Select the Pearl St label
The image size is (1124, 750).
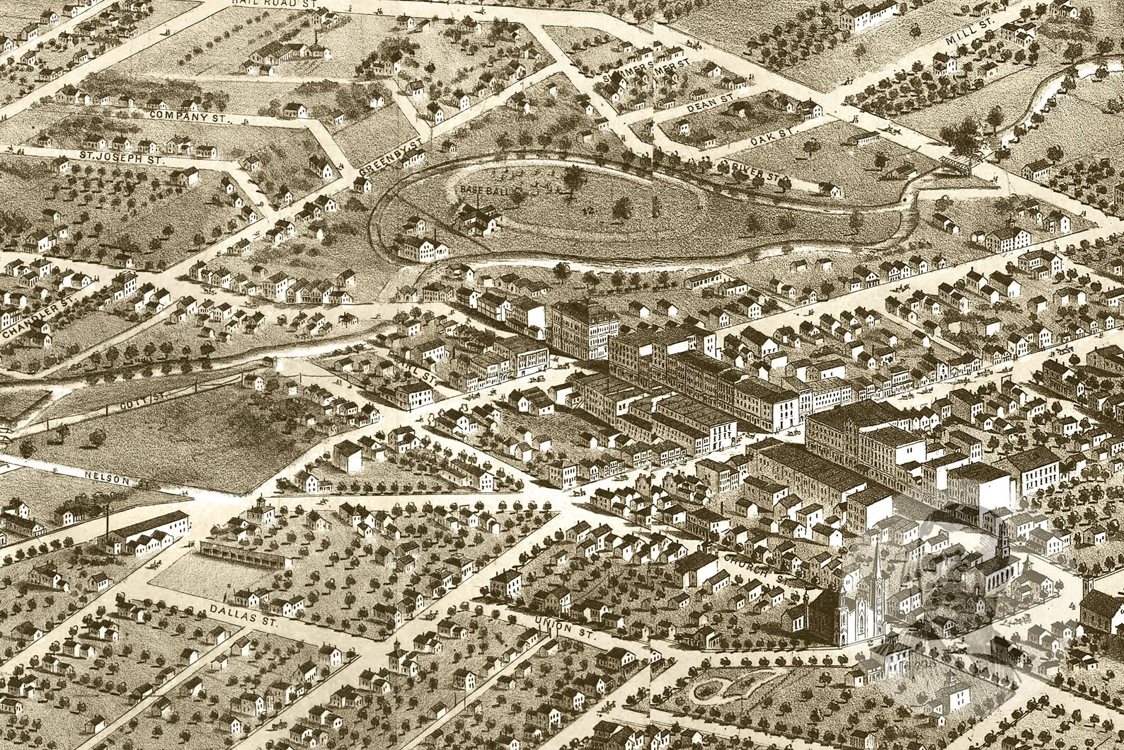pyautogui.click(x=411, y=366)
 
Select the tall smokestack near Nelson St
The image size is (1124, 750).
pyautogui.click(x=108, y=524)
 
